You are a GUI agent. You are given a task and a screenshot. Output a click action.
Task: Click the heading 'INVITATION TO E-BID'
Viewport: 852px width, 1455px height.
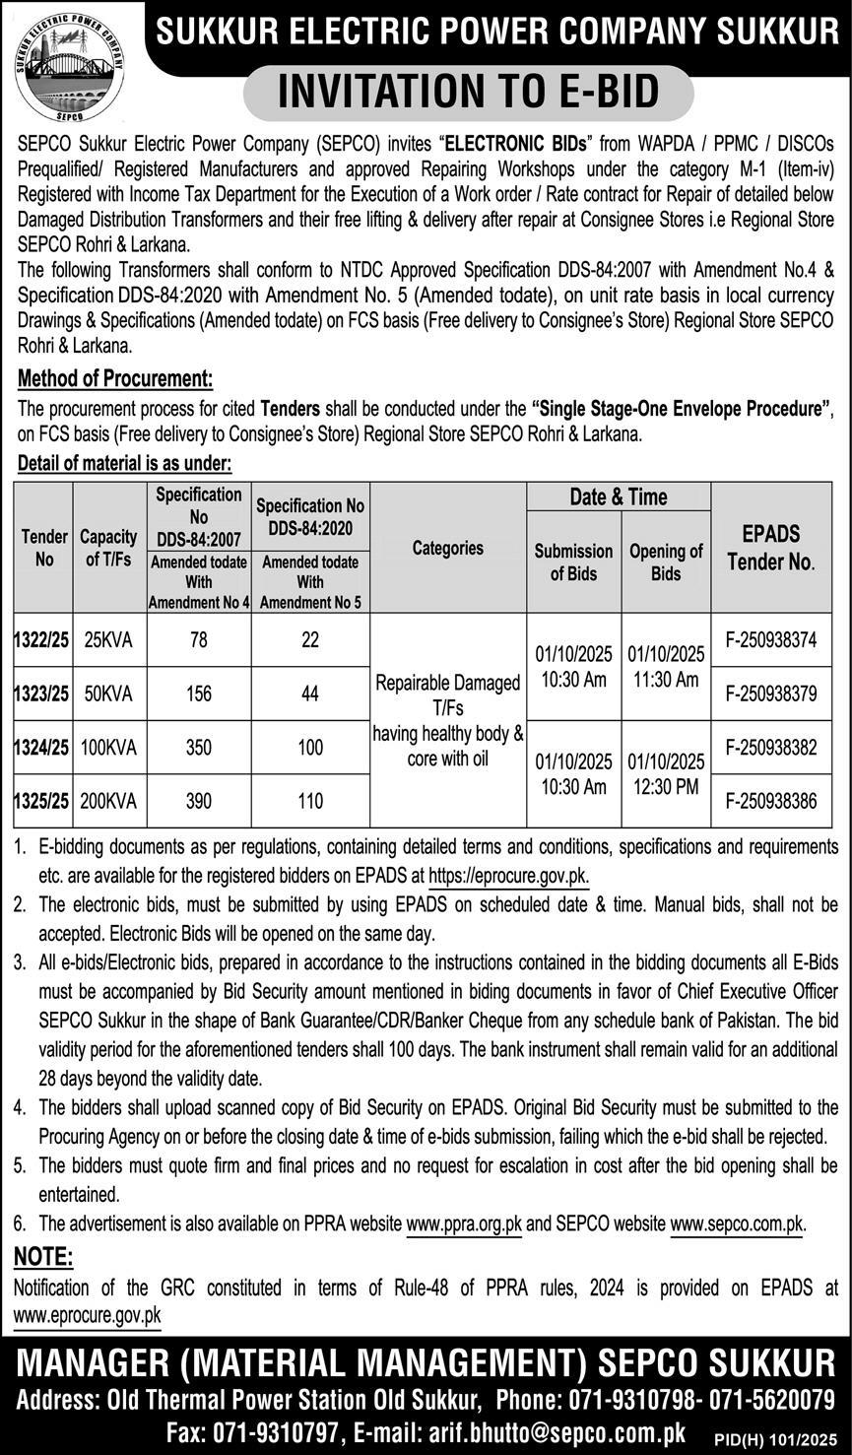(468, 93)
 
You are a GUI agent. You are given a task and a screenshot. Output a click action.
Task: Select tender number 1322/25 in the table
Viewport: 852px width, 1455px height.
(41, 640)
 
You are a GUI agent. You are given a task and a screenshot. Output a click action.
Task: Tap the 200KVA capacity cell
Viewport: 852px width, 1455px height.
(108, 802)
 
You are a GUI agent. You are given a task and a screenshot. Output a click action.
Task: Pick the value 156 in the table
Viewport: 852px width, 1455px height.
(199, 694)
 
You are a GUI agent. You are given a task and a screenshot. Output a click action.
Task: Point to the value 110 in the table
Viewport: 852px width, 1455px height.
(310, 802)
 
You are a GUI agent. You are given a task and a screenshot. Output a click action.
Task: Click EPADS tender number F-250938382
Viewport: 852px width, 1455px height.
(771, 748)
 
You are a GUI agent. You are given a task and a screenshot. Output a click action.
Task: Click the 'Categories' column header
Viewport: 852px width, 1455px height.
(448, 548)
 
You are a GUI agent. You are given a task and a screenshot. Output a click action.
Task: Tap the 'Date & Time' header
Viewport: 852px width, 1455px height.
(619, 496)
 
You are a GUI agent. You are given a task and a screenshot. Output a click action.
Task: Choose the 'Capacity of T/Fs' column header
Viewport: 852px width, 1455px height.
(108, 549)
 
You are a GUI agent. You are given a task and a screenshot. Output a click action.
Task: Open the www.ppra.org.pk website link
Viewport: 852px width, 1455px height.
(464, 1224)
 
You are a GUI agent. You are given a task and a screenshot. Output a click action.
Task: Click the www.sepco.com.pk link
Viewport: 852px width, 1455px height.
(737, 1224)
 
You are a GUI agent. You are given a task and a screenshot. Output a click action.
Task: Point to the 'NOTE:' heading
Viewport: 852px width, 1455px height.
(43, 1256)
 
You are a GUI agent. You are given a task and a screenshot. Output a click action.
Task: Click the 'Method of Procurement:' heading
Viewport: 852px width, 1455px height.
(115, 378)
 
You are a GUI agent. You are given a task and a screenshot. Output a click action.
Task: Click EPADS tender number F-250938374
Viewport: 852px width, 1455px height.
(771, 640)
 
